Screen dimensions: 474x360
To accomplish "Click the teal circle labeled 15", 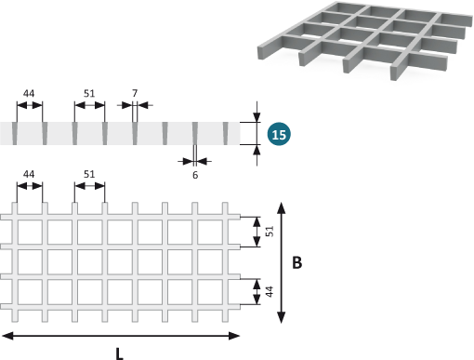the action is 279,134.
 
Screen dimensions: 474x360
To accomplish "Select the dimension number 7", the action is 135,93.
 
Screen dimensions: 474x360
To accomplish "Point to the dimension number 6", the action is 195,175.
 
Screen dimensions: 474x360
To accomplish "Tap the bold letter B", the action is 296,262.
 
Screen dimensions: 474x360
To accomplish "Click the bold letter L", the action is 119,353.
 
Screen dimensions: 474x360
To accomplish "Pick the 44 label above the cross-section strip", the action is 29,93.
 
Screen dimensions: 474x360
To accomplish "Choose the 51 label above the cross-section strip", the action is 89,93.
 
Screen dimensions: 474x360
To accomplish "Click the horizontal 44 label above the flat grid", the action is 29,174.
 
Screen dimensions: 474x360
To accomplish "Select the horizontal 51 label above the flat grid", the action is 89,174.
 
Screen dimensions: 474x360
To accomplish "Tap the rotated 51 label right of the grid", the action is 270,232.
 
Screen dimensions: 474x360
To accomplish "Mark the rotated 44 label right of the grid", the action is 270,291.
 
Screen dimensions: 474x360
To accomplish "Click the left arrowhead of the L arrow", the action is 7,336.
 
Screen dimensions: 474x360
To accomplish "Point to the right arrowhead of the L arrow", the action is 234,336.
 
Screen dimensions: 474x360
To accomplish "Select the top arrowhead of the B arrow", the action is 281,207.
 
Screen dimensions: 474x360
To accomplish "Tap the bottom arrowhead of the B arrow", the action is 281,318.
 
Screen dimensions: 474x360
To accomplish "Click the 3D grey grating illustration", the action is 365,40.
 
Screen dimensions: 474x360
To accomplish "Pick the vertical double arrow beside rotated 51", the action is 257,232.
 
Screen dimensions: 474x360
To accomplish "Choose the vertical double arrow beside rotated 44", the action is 257,292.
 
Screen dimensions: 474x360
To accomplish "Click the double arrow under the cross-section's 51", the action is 89,105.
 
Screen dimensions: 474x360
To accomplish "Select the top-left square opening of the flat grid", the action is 30,232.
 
